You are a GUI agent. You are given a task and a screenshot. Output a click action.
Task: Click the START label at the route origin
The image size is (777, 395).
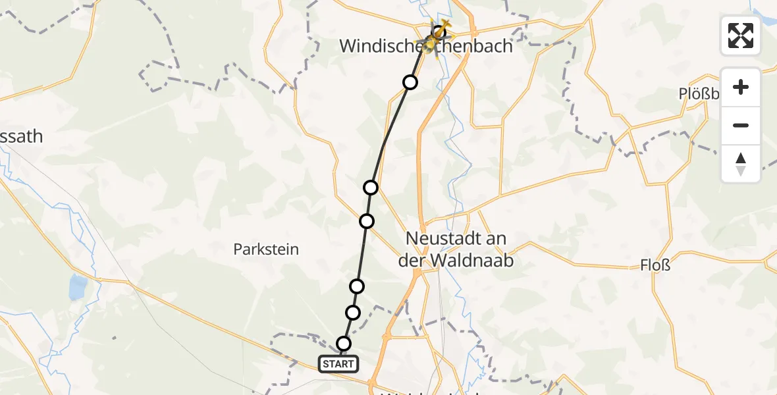point(339,363)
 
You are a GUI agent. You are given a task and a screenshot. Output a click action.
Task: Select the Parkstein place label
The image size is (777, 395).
point(266,250)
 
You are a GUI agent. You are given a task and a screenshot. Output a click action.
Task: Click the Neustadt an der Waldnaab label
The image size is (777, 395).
point(456,249)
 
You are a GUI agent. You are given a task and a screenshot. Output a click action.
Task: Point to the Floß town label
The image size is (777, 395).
point(655,265)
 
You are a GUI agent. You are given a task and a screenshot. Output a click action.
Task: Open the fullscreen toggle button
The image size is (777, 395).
point(741,36)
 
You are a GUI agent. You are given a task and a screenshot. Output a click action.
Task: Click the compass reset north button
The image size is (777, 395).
point(741,163)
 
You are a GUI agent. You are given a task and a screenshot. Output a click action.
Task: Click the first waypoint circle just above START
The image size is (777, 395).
point(344,343)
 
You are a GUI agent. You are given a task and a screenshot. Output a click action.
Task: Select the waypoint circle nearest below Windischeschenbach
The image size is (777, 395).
point(410,82)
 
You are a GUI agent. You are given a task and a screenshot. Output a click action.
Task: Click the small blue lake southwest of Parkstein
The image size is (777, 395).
point(78,286)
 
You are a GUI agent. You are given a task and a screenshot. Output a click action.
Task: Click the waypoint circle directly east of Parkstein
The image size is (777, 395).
point(367,221)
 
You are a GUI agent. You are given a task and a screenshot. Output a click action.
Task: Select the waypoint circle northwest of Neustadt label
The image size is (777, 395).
point(371,188)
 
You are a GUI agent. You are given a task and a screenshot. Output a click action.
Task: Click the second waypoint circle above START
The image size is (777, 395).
point(353,312)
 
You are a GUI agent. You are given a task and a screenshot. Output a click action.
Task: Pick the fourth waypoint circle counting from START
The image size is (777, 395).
point(367,221)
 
